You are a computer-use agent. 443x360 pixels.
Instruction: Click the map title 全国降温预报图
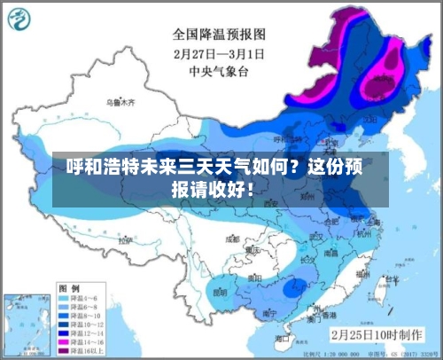[x=221, y=35]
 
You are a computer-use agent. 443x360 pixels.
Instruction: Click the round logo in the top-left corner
[x=22, y=20]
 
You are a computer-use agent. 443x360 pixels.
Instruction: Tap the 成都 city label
[x=232, y=239]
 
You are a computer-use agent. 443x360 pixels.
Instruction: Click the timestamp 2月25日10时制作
[x=375, y=335]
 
